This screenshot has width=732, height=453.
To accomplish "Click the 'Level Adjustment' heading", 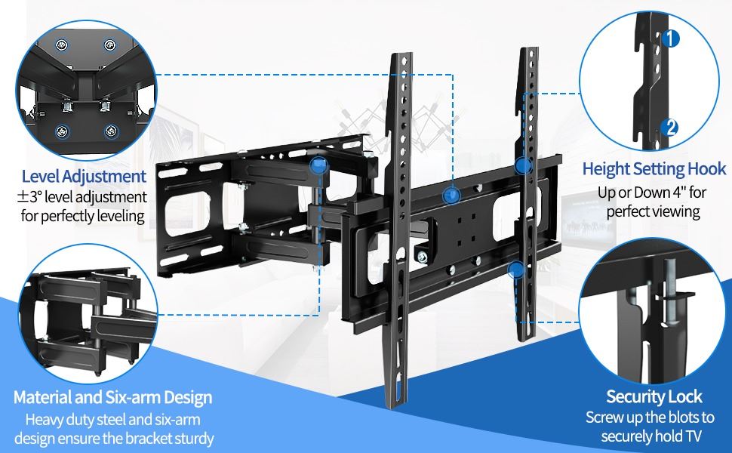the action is click(x=84, y=176).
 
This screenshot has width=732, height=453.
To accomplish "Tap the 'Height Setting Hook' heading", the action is click(x=654, y=168).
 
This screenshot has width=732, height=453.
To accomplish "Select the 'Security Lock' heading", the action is click(x=654, y=396).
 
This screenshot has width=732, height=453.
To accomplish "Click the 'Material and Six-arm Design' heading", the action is click(x=113, y=397).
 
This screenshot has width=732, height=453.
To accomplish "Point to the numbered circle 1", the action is click(x=670, y=39).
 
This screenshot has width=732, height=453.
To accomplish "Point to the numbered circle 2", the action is click(x=670, y=127).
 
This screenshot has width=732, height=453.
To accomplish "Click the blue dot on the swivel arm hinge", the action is click(x=319, y=165).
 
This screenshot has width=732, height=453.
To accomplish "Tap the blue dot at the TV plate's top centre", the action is click(x=451, y=196).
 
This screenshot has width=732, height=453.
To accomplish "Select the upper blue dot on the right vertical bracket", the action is click(x=523, y=165).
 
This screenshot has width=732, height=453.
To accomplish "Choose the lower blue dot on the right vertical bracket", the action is click(x=516, y=270).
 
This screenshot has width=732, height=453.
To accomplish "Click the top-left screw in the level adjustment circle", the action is click(x=62, y=45).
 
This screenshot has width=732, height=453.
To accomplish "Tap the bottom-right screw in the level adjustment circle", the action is click(x=111, y=131).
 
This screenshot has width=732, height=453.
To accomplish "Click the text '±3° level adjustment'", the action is click(x=82, y=196).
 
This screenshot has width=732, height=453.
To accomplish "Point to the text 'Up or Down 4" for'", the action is click(x=652, y=192).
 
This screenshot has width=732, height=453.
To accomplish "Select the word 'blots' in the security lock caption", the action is click(x=675, y=417).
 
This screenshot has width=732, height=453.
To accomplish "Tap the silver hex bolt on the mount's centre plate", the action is click(x=423, y=256).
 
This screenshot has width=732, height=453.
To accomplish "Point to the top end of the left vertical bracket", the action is click(x=401, y=55).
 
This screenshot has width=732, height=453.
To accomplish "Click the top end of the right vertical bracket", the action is click(x=530, y=50).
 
